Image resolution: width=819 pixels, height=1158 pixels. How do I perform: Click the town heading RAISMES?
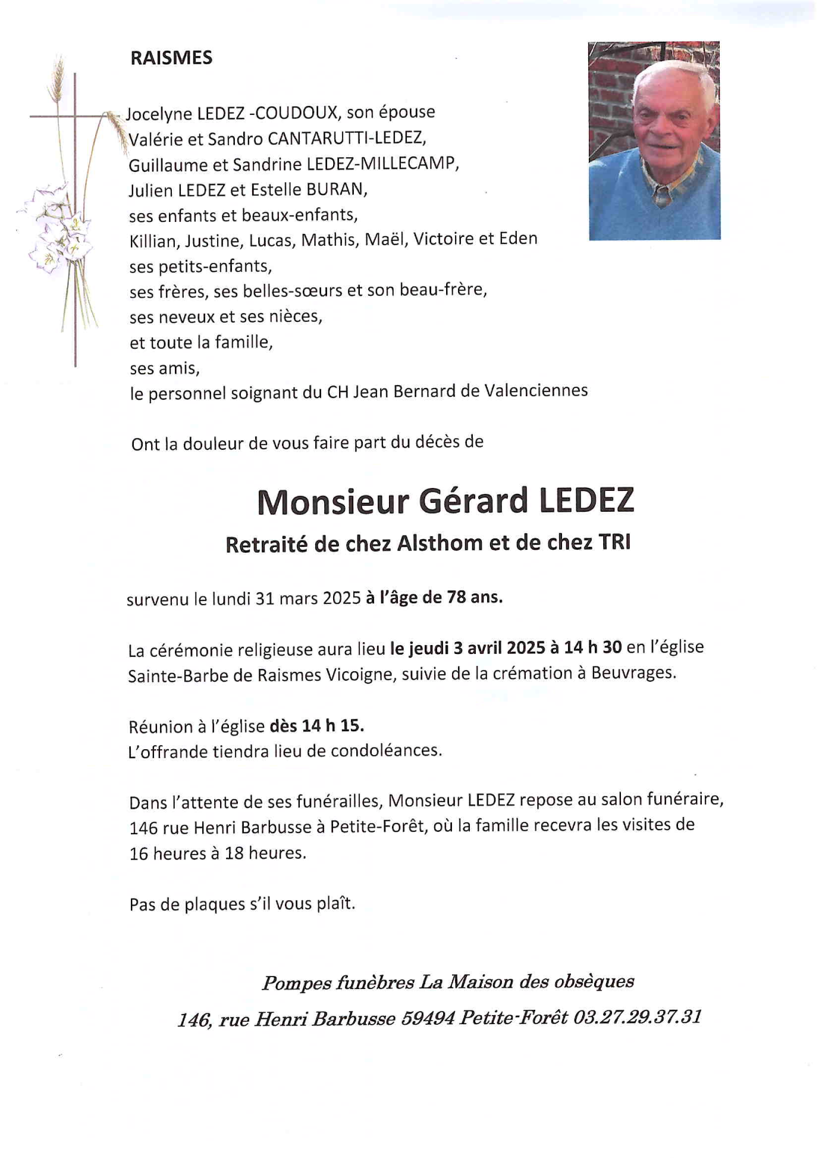[171, 58]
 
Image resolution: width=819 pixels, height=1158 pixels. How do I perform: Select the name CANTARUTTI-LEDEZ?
[346, 139]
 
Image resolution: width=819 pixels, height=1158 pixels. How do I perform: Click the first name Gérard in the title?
[473, 500]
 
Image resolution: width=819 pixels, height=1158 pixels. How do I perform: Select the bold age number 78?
[456, 597]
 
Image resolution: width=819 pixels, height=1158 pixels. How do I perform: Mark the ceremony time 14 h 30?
[592, 647]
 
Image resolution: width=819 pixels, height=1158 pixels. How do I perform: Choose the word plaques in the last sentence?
[210, 905]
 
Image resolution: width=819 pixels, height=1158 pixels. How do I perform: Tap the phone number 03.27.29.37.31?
[637, 1017]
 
